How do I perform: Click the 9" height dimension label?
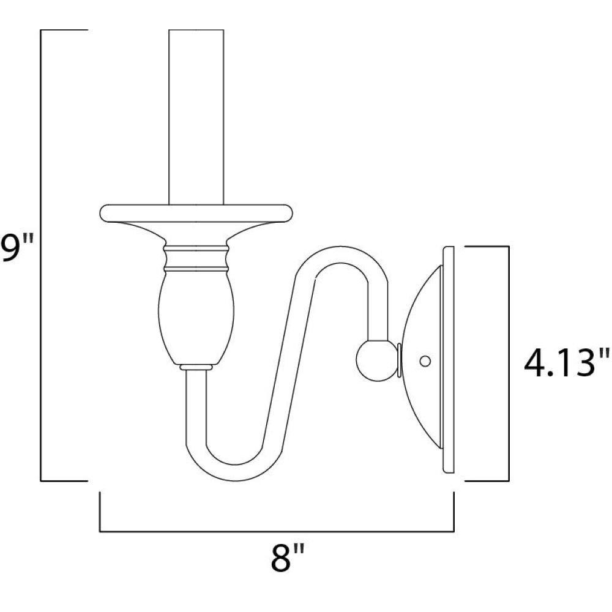coord(18,248)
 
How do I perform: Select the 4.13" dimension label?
coord(566,363)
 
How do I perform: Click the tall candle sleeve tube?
coord(196,117)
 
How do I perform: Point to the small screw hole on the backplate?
coord(425,361)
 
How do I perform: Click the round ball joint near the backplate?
coord(376,361)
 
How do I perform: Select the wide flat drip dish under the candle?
coord(196,214)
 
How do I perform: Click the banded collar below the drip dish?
coord(196,258)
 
